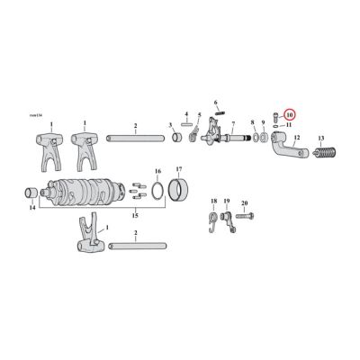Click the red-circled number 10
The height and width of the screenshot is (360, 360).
[290, 115]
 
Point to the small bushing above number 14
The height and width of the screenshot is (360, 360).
[31, 193]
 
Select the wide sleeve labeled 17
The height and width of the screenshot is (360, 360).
[182, 191]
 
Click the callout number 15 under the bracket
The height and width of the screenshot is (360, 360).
[135, 215]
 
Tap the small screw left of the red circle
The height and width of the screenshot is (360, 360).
[274, 118]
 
